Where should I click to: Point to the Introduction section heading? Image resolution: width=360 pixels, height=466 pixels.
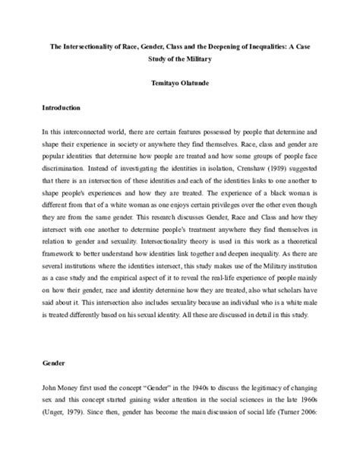(x=65, y=109)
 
